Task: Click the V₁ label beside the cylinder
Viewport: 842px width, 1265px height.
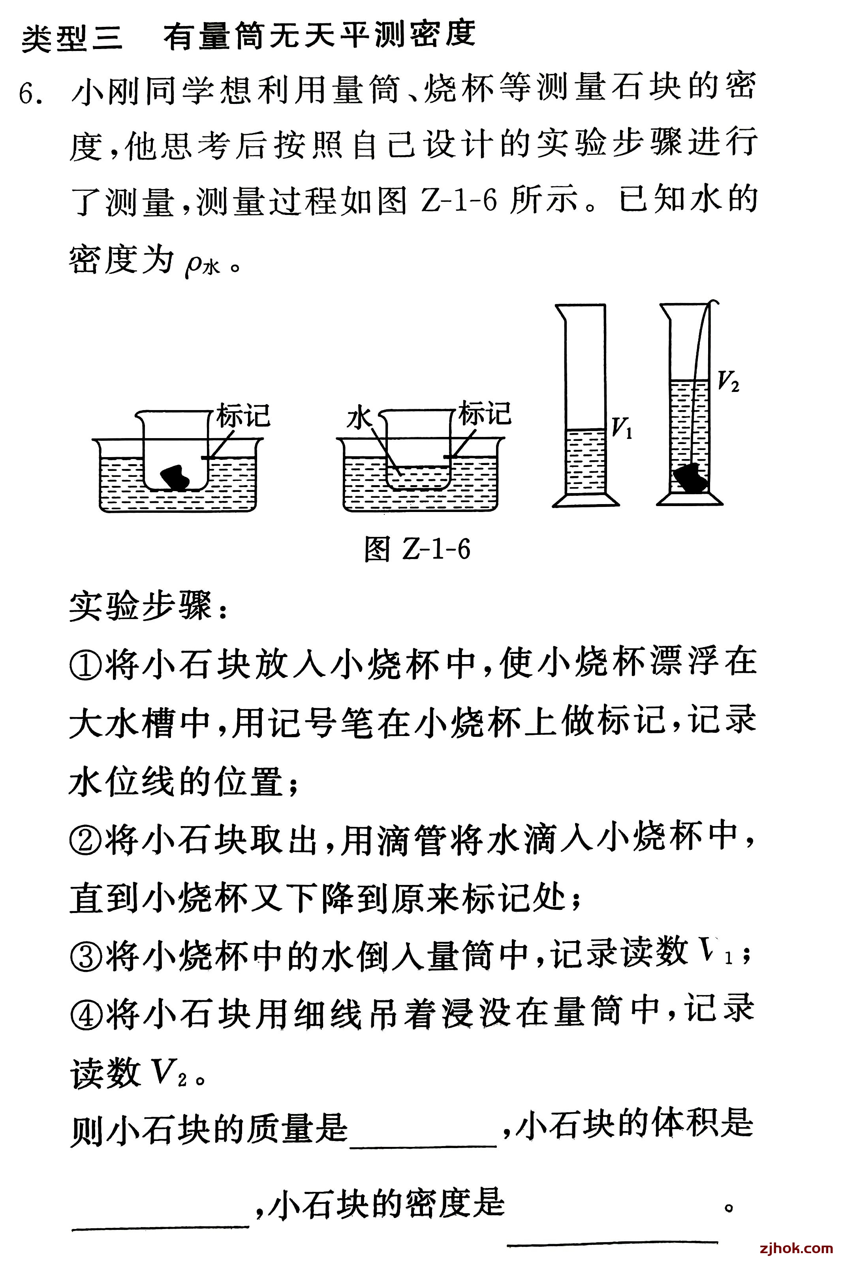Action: tap(622, 429)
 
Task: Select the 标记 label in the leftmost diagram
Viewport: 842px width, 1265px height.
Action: tap(243, 416)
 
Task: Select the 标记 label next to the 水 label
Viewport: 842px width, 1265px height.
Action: tap(484, 414)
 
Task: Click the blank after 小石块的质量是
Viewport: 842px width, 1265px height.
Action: tap(423, 1134)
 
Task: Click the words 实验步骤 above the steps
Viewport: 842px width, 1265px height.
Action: tap(141, 607)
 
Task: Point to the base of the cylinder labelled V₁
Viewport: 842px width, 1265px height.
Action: tap(586, 500)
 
